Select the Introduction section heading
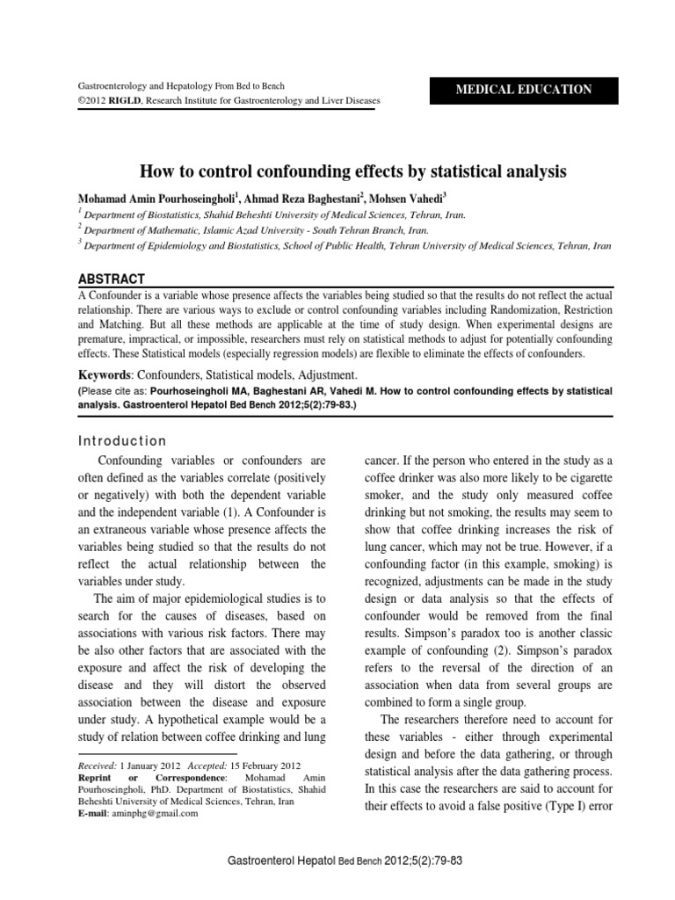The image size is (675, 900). tap(122, 440)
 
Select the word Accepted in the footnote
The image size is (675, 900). tap(201, 765)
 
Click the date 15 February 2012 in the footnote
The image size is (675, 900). tap(272, 765)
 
